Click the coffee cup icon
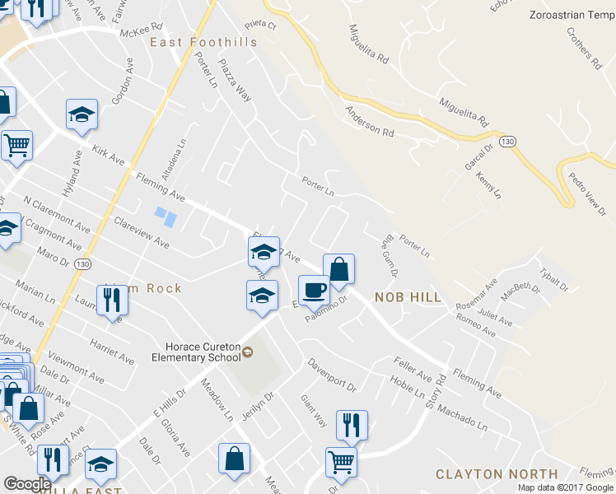(314, 290)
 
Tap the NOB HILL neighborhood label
(408, 296)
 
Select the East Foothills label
(203, 42)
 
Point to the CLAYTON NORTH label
(497, 474)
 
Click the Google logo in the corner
(28, 484)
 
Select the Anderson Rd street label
(369, 120)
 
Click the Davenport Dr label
(331, 375)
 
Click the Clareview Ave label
(141, 233)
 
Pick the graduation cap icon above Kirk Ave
(82, 114)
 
